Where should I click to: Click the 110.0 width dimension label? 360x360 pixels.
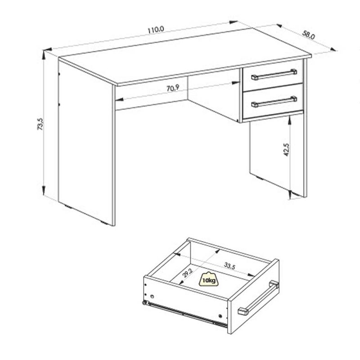(x=156, y=30)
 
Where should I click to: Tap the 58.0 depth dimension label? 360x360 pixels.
(x=308, y=35)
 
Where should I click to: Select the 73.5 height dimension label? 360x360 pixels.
(x=40, y=124)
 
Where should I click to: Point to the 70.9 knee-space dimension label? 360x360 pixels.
(x=173, y=88)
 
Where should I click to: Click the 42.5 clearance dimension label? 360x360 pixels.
(x=287, y=150)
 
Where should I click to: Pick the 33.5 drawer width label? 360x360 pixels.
(x=229, y=266)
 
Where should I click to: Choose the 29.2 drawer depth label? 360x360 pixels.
(x=188, y=273)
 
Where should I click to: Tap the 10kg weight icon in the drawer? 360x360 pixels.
(x=209, y=279)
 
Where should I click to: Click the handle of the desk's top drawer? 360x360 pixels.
(x=274, y=74)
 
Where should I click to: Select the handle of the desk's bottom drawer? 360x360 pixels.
(x=274, y=102)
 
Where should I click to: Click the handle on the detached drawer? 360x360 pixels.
(x=258, y=297)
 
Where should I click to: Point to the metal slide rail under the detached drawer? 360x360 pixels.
(x=185, y=314)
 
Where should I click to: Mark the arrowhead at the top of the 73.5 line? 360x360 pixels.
(x=44, y=54)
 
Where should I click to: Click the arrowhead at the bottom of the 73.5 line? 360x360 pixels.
(x=43, y=190)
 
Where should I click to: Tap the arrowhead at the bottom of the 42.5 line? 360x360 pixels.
(x=290, y=194)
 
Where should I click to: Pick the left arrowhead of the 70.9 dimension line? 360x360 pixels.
(x=119, y=99)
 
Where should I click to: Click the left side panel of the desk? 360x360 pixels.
(x=85, y=142)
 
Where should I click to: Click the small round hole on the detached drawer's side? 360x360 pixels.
(x=152, y=297)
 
